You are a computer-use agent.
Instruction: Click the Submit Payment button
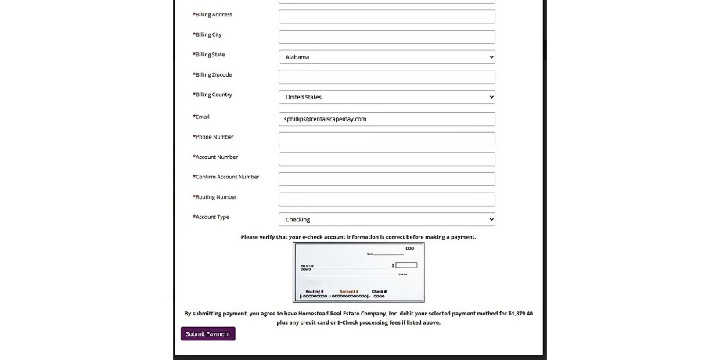pos(207,333)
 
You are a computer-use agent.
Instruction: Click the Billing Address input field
pos(387,16)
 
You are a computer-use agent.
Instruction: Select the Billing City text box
pos(387,37)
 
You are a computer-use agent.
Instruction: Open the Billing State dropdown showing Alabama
pos(387,57)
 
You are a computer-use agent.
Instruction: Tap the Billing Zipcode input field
pos(387,77)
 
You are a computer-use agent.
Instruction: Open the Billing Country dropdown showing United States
pos(387,97)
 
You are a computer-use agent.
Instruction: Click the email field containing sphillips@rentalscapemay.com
pos(387,119)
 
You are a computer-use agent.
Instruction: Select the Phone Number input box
pos(387,139)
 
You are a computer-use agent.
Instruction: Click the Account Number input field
pos(387,159)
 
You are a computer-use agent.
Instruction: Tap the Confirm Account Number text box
pos(387,179)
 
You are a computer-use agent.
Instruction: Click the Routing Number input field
pos(387,200)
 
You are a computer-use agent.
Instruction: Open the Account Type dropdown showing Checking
pos(387,220)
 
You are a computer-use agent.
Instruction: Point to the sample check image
pos(358,272)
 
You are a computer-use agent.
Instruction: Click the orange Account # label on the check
pos(349,291)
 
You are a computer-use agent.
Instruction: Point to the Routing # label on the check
pos(314,291)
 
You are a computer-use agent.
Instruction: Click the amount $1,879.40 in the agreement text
pos(520,313)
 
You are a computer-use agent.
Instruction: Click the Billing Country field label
pos(212,95)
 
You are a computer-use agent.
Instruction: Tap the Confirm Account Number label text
pos(226,177)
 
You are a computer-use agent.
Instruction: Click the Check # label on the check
pos(379,291)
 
